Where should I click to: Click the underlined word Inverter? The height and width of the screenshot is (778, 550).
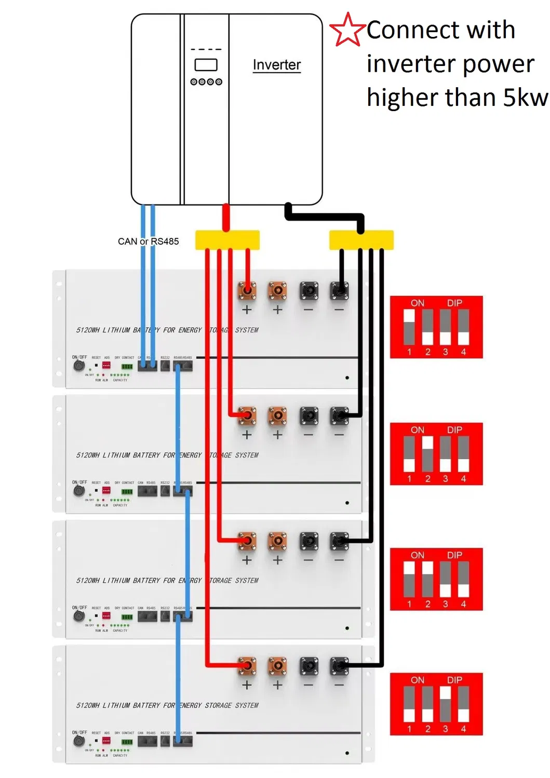[x=276, y=65]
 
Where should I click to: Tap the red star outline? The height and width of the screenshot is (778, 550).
[x=347, y=30]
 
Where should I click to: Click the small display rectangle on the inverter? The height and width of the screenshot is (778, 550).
[x=206, y=65]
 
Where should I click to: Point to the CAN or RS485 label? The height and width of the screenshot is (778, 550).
[x=148, y=242]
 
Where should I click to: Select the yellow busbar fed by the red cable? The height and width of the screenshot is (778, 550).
[x=227, y=240]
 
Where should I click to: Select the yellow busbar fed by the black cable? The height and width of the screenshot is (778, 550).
[x=361, y=240]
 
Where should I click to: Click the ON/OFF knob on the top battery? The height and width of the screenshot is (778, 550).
[x=78, y=366]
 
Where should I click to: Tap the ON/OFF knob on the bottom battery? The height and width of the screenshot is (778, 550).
[x=78, y=741]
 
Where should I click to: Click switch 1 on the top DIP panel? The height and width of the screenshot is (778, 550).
[x=409, y=327]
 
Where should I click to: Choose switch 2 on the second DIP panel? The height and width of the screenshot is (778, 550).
[x=427, y=453]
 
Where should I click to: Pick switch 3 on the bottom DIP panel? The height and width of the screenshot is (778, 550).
[x=445, y=704]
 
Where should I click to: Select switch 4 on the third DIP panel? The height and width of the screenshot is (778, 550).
[x=463, y=579]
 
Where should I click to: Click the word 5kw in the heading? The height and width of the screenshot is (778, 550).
[x=525, y=98]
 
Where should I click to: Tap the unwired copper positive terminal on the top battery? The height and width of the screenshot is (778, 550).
[x=277, y=291]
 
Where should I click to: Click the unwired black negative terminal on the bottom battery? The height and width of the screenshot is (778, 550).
[x=308, y=666]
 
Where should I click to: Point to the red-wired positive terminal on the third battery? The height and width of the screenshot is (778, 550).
[x=247, y=541]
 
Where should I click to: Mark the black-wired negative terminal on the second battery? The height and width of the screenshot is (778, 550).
[x=339, y=416]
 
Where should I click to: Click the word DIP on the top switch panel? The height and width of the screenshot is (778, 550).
[x=454, y=303]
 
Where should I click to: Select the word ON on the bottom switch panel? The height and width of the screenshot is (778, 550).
[x=418, y=680]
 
